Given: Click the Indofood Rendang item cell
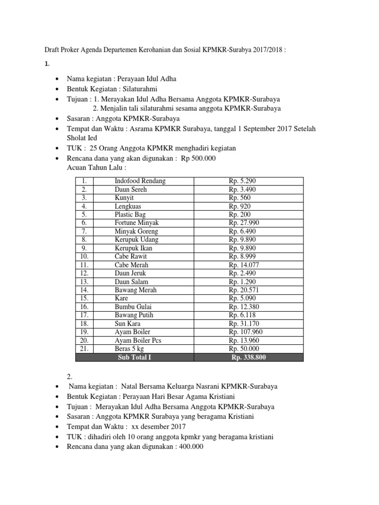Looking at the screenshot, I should tap(140, 181).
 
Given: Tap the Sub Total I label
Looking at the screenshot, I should tap(134, 357).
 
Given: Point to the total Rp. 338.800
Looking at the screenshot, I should tap(248, 357).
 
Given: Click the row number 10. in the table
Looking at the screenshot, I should tap(84, 256).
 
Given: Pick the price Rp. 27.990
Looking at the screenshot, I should tap(244, 223).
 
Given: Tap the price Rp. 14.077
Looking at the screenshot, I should tap(244, 265).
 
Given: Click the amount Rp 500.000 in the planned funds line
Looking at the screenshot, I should tap(198, 158).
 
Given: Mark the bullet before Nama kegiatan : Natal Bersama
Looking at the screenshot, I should tap(59, 387).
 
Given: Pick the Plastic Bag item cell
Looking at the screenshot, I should tap(130, 215).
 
